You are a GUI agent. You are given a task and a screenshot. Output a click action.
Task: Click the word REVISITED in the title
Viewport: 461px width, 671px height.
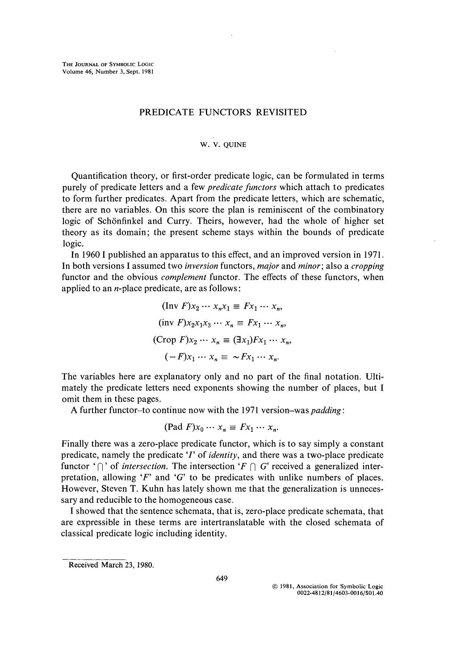click(281, 112)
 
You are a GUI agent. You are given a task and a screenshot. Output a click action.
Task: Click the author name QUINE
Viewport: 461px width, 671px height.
click(236, 144)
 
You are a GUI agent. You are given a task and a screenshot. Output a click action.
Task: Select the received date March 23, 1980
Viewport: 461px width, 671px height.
click(127, 565)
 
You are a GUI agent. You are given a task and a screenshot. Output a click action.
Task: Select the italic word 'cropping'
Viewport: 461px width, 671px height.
click(368, 266)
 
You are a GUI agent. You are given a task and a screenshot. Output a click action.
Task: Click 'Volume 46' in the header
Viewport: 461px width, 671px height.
click(76, 71)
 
